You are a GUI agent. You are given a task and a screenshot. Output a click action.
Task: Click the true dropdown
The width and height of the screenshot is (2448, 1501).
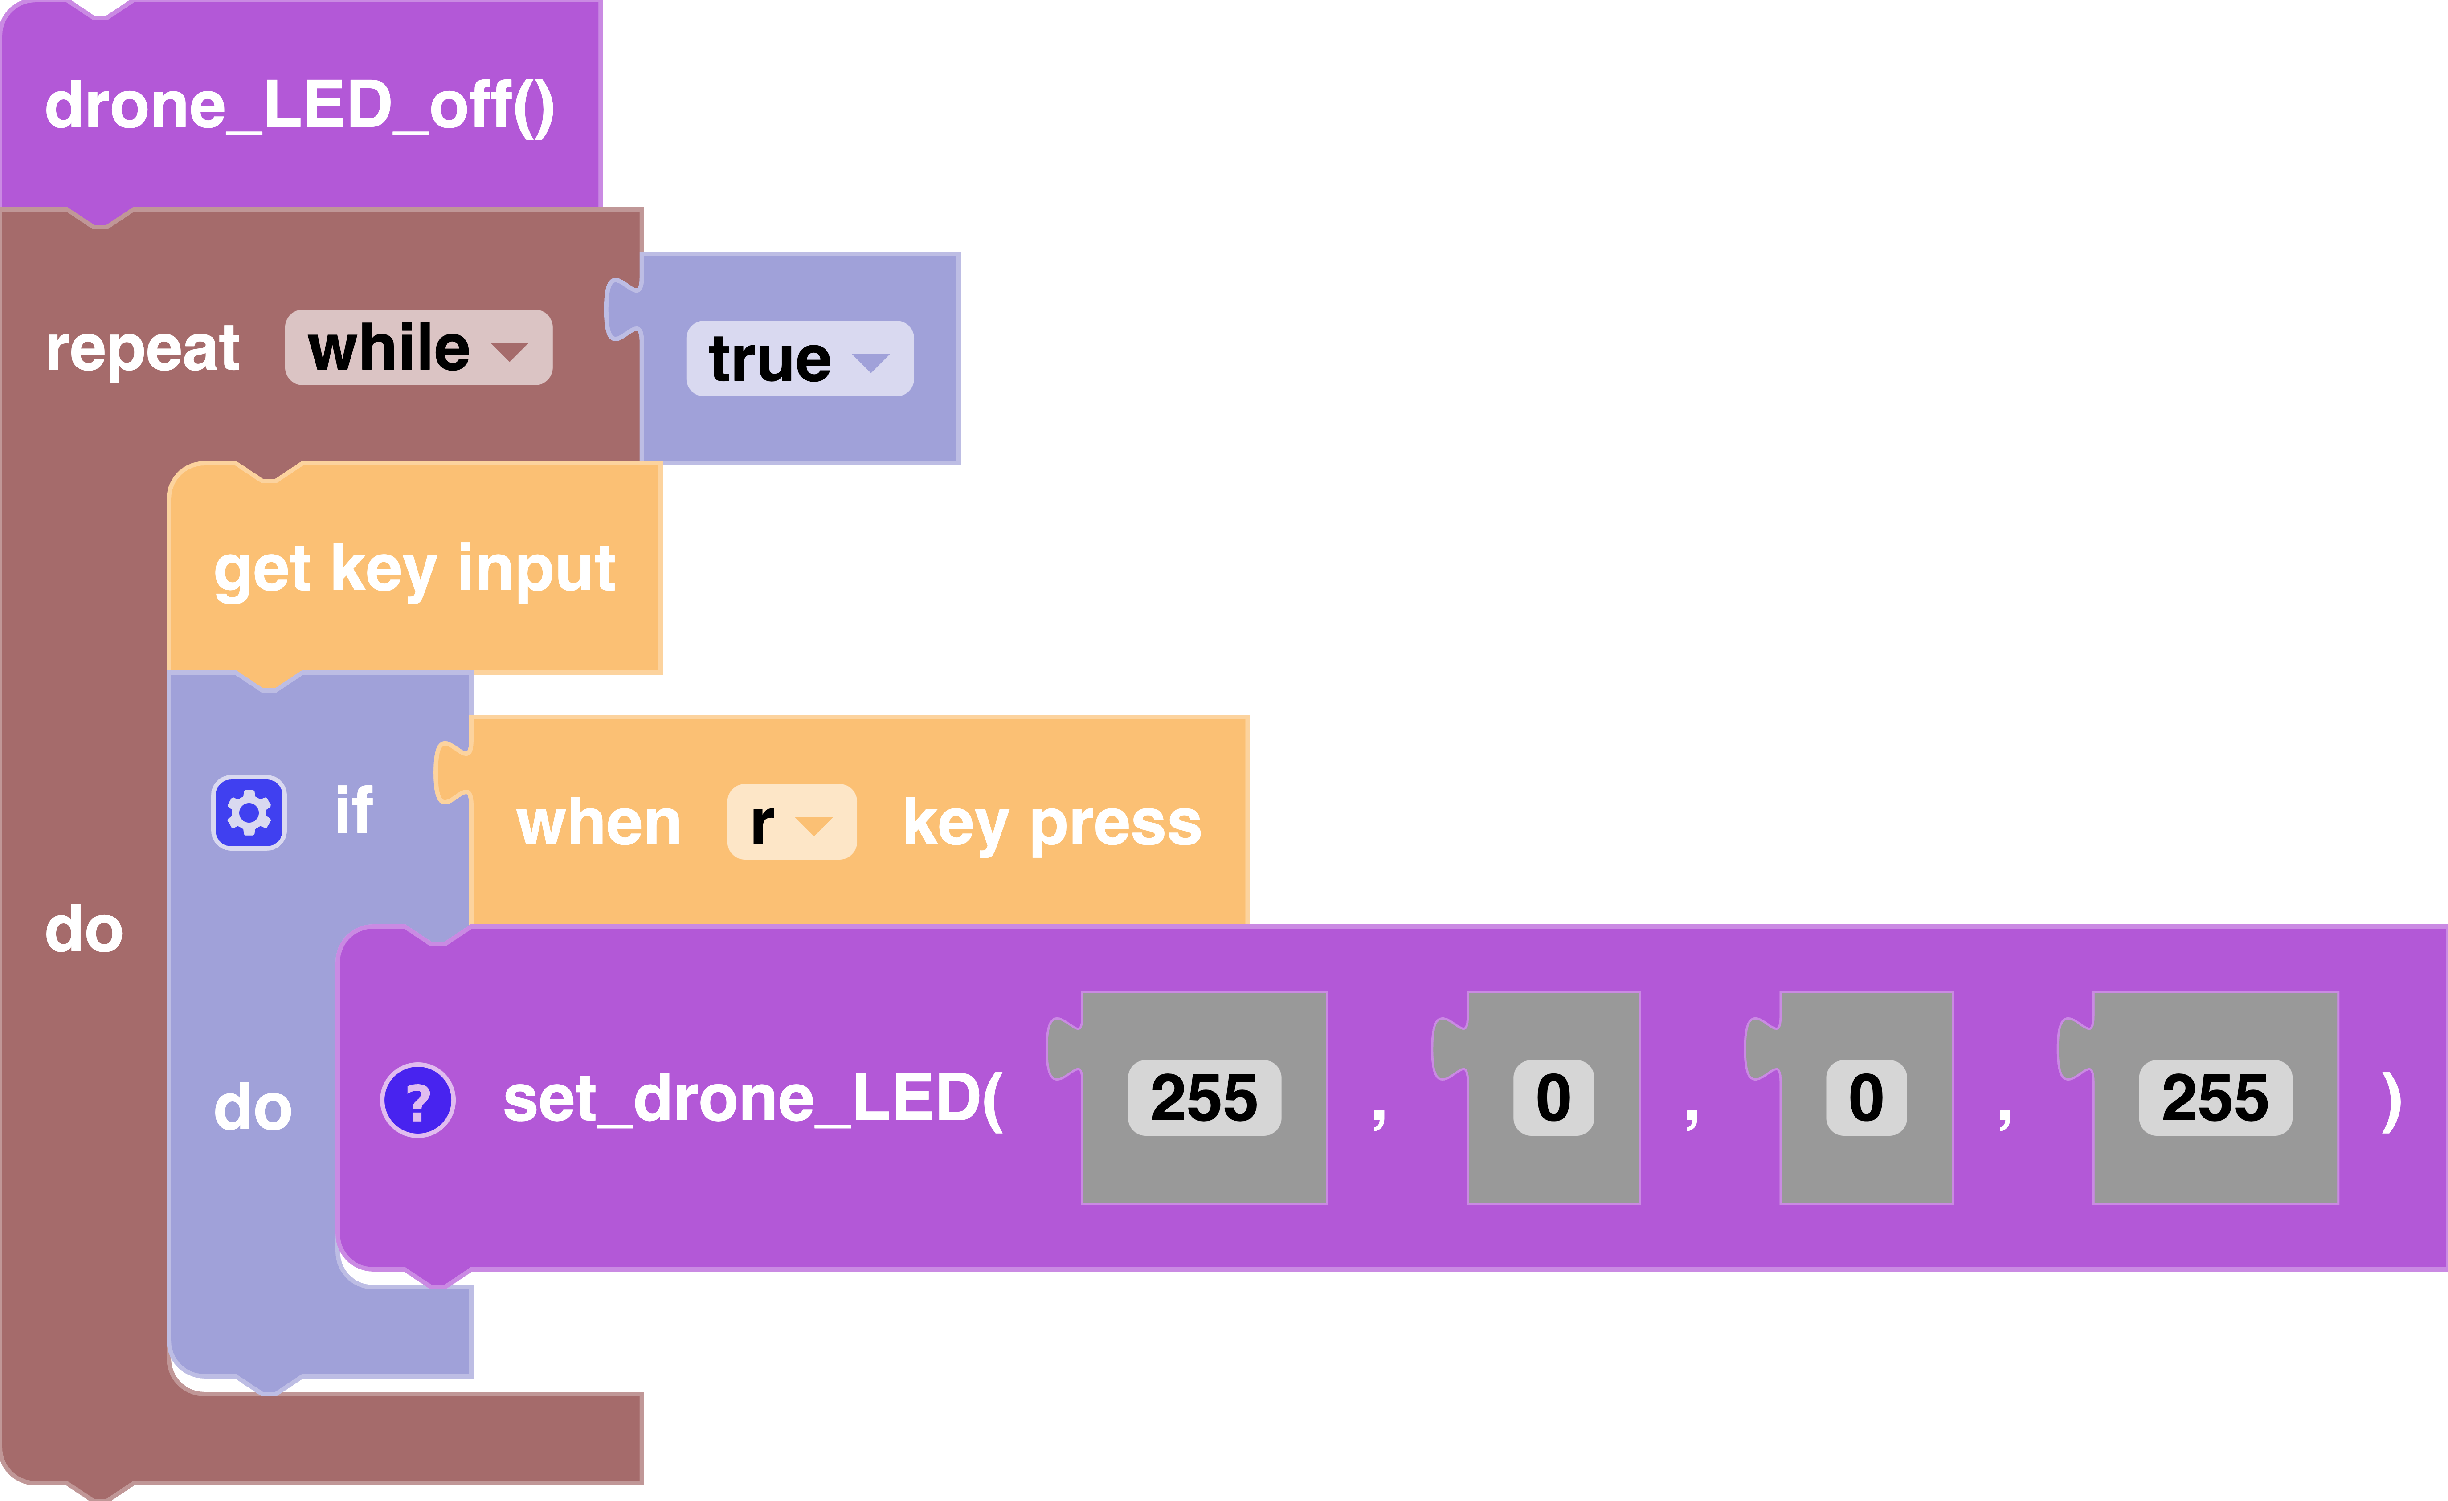click(x=799, y=359)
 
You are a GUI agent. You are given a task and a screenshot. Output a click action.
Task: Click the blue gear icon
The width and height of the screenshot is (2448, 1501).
click(x=249, y=812)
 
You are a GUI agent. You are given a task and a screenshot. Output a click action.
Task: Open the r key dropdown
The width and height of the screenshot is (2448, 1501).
click(x=791, y=823)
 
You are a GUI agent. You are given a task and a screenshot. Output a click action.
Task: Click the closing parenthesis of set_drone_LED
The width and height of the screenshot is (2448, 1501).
click(x=2391, y=1101)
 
